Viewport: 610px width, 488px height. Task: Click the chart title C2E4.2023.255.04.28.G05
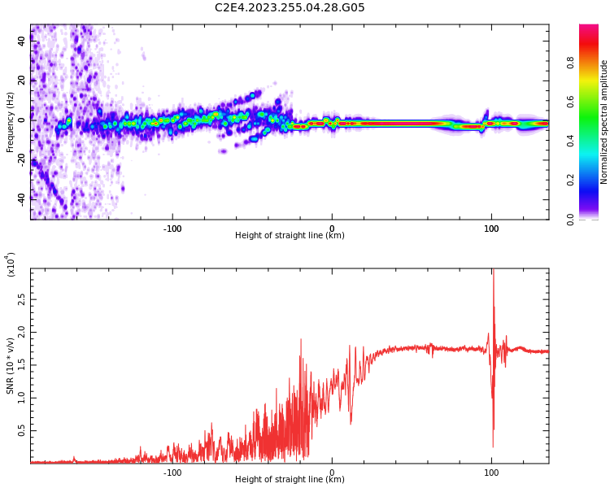(290, 8)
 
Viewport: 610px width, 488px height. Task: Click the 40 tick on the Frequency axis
(22, 41)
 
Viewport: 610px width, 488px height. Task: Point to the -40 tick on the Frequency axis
(22, 198)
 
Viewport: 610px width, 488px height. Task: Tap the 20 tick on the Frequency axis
(22, 80)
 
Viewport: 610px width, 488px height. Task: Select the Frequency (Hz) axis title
(11, 122)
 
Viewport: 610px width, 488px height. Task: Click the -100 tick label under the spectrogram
(172, 229)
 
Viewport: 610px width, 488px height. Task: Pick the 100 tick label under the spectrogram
(491, 229)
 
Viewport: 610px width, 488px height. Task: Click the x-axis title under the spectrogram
(290, 236)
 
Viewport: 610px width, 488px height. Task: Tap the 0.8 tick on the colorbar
(593, 63)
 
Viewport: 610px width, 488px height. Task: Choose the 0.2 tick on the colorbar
(593, 180)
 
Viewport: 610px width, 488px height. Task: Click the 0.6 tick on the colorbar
(593, 102)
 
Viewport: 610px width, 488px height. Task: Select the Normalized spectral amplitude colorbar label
(604, 122)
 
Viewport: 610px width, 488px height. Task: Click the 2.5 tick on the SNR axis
(22, 299)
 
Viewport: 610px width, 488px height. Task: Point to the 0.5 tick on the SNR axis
(22, 430)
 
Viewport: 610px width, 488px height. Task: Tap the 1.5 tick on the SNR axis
(22, 365)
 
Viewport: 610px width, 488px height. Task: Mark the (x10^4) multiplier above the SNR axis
(11, 264)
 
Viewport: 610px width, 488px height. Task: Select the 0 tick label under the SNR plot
(332, 473)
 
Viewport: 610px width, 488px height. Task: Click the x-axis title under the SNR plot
(290, 480)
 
